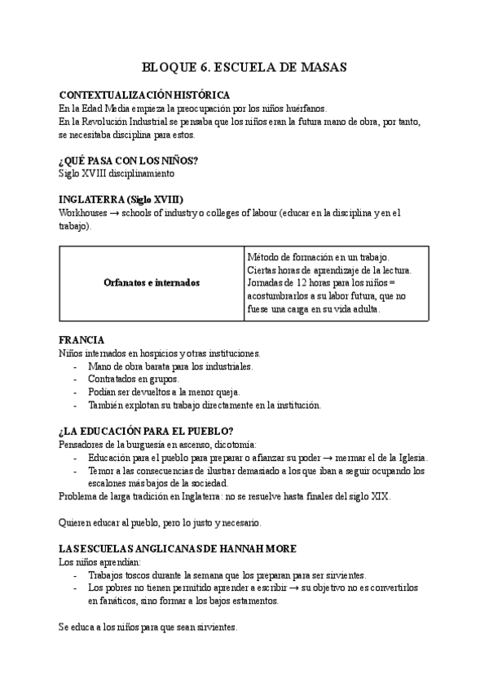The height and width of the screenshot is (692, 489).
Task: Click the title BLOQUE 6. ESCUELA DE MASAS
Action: pyautogui.click(x=244, y=68)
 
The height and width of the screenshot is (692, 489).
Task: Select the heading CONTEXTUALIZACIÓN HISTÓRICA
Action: pyautogui.click(x=138, y=95)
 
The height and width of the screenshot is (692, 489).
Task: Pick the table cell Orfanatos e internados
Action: pyautogui.click(x=152, y=282)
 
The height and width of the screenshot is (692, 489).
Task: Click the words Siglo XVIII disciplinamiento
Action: pyautogui.click(x=116, y=173)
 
